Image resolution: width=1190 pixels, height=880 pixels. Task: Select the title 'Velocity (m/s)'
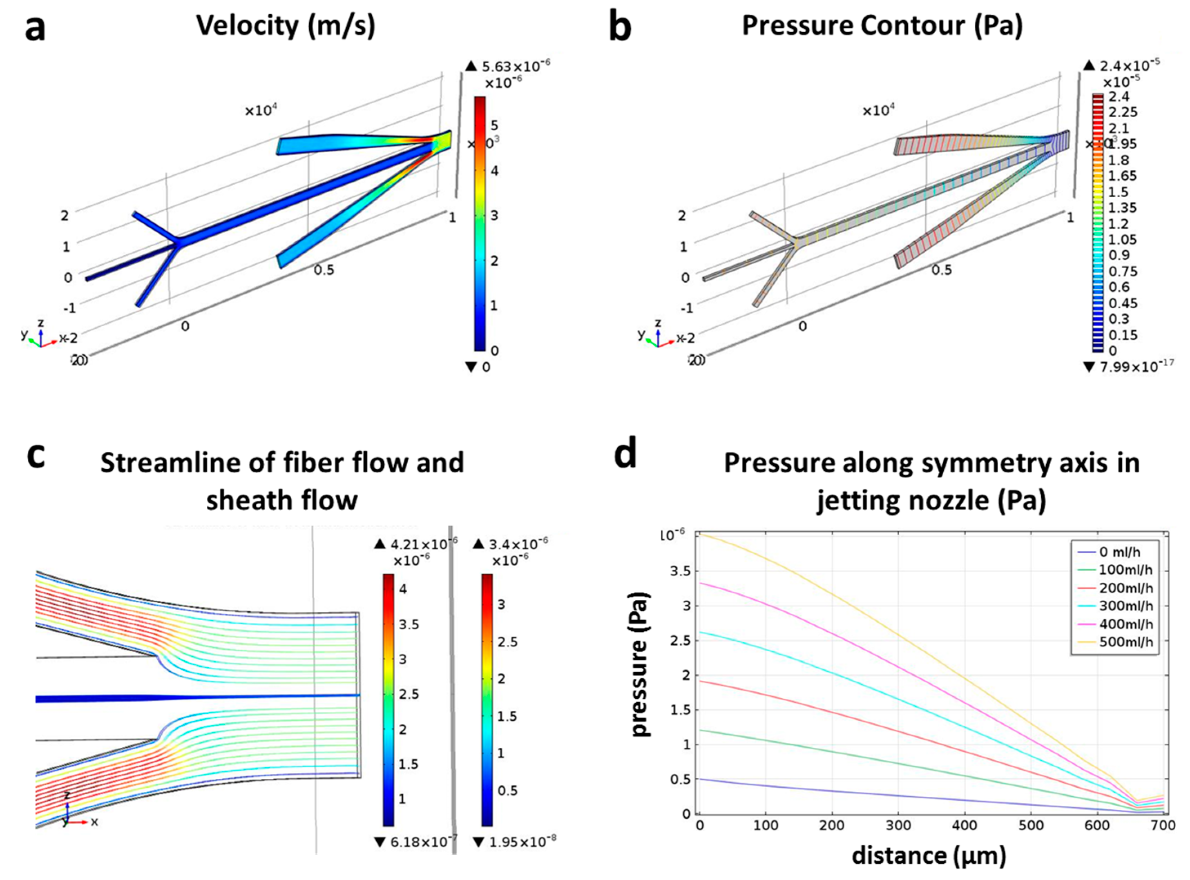[x=286, y=26]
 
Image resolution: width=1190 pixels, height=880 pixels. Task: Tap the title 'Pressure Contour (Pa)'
[x=882, y=26]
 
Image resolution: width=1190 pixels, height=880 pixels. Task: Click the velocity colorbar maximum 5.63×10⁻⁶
[x=515, y=66]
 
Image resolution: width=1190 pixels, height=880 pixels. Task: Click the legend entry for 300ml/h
[x=1125, y=606]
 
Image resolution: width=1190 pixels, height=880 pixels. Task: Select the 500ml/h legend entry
[x=1125, y=642]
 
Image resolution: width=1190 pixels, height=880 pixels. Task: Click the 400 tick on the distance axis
[x=964, y=825]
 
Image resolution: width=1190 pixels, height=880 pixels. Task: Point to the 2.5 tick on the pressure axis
[x=679, y=640]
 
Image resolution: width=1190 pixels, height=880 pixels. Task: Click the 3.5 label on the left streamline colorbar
[x=409, y=624]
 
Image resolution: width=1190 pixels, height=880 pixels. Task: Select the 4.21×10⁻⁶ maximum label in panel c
[x=423, y=544]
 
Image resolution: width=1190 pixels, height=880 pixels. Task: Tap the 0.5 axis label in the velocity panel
[x=324, y=270]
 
